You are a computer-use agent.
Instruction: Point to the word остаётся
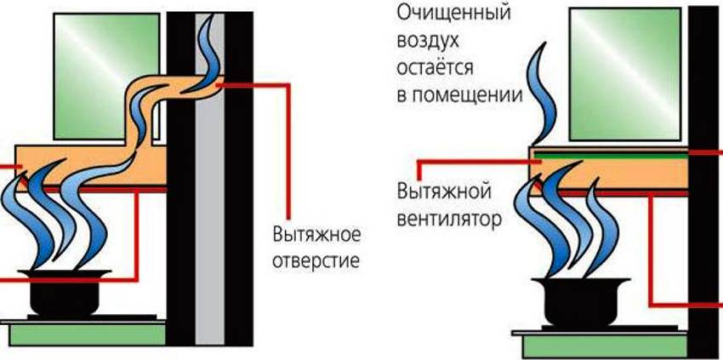tap(434, 68)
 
